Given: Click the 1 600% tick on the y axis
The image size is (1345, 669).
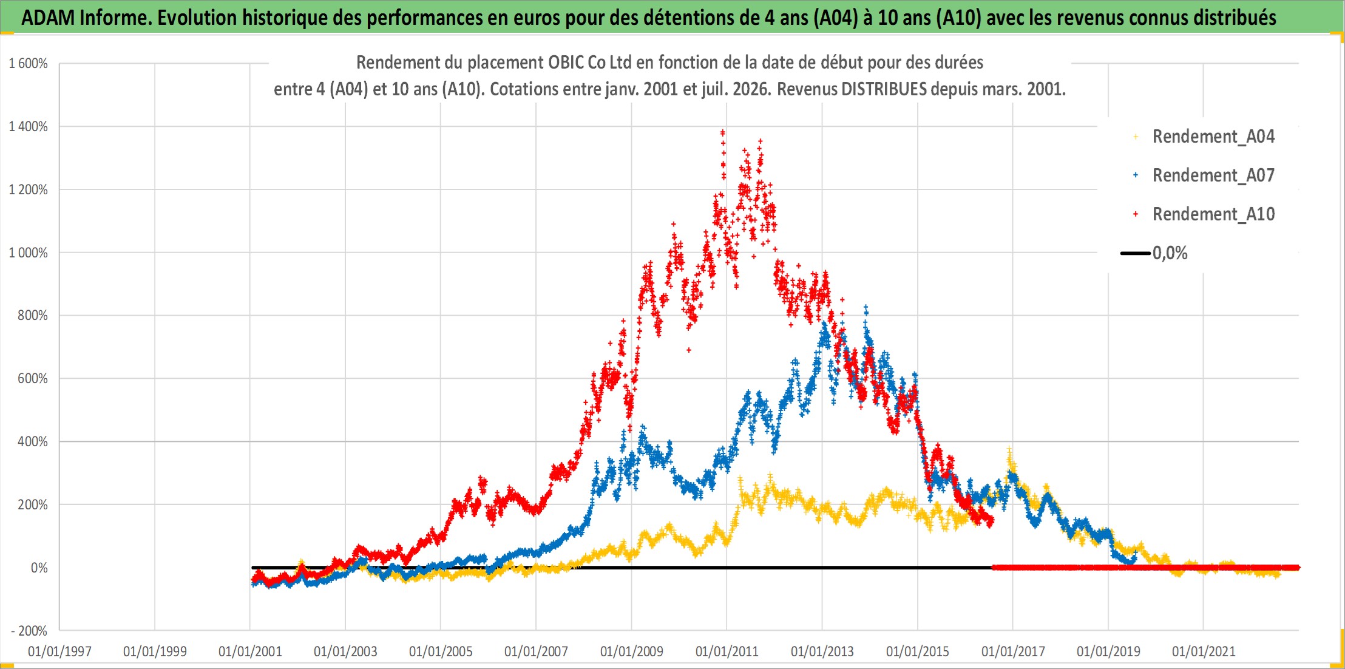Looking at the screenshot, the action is [x=28, y=63].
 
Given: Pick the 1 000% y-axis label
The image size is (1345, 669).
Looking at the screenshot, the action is [x=28, y=253].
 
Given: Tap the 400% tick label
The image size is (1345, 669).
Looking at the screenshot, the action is [x=32, y=441].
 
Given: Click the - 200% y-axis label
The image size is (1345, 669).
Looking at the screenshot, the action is [x=29, y=631].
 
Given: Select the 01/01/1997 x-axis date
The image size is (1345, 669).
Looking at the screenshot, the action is [x=59, y=651].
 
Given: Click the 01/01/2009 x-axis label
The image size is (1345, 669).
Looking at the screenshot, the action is [x=632, y=651].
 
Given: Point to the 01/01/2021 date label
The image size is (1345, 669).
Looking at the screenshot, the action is [x=1204, y=651].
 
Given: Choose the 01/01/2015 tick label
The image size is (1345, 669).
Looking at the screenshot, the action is [x=918, y=651].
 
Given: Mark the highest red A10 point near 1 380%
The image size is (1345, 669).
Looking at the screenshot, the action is [x=722, y=132].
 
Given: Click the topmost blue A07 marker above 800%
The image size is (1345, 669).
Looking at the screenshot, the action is [x=866, y=308].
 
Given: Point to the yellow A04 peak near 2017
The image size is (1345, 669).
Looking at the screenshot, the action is [x=1009, y=450].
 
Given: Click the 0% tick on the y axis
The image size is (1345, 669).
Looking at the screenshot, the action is [x=39, y=568].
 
